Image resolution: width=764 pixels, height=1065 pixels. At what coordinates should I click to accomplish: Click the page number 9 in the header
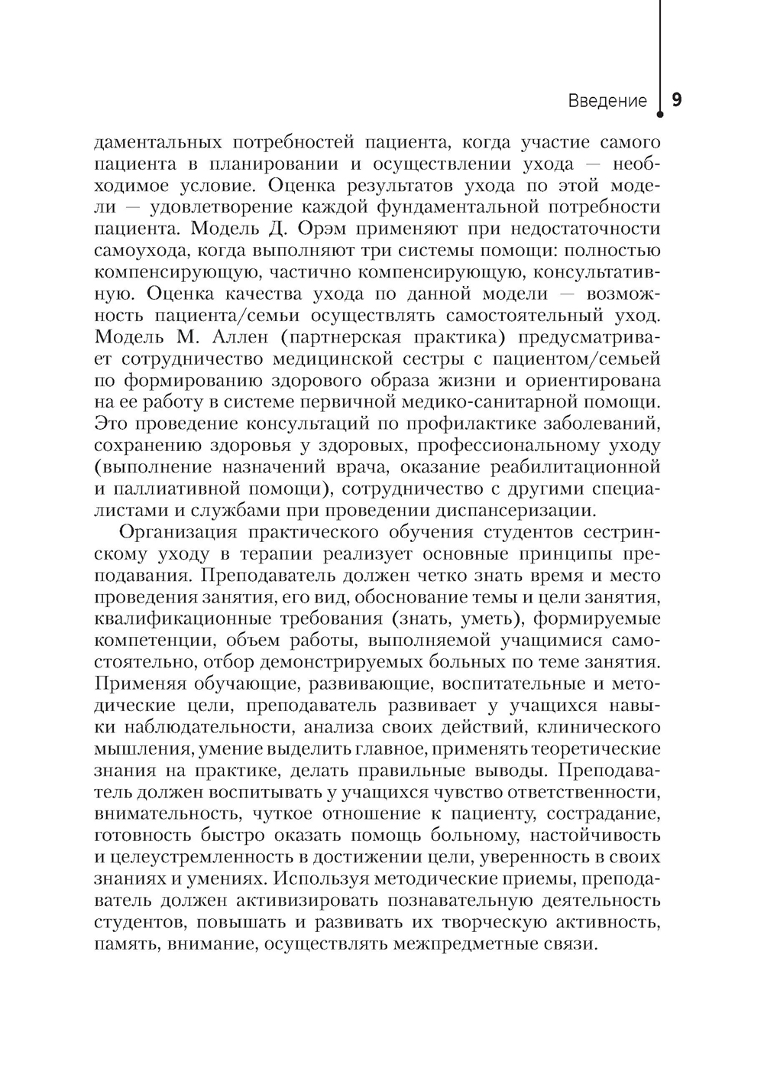pos(677,100)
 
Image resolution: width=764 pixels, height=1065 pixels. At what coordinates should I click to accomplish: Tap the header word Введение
pos(607,102)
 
